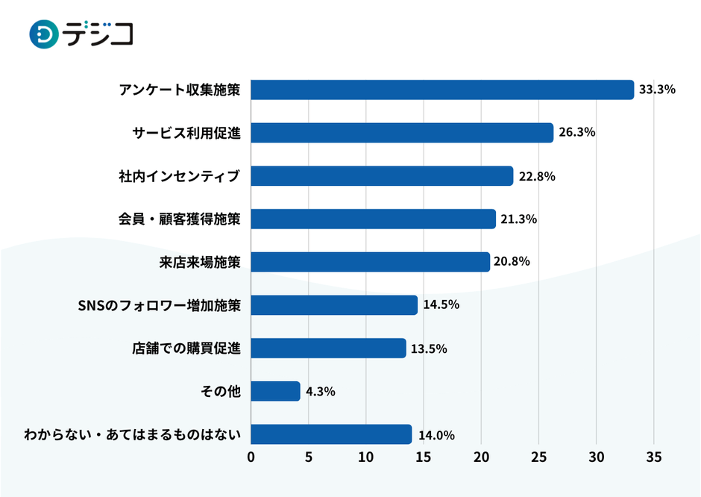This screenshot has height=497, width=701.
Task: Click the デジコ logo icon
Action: point(44,34)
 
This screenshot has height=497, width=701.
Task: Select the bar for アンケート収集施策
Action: point(442,90)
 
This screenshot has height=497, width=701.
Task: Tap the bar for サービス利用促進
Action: point(402,133)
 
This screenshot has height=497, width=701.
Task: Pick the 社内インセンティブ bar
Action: point(382,176)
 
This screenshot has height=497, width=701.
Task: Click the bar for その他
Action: point(275,391)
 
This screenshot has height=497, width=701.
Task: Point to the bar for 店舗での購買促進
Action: point(328,348)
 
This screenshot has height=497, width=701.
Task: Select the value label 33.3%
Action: point(657,90)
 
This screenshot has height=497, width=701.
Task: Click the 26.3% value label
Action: point(576,133)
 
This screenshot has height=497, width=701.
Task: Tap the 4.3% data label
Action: point(320,391)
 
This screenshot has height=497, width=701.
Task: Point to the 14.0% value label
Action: point(436,435)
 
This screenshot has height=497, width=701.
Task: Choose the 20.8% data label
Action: point(513,262)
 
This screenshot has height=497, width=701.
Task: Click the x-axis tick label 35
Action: point(654,456)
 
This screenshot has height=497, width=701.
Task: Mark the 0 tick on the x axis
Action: point(251,456)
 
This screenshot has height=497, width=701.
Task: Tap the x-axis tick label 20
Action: point(481,456)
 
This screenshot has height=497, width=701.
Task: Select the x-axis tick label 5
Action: point(309,456)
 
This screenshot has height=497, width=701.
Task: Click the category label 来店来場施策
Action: point(200,262)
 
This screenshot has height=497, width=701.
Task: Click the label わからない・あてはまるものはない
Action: point(132,434)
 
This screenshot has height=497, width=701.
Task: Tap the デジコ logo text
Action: point(98,34)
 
